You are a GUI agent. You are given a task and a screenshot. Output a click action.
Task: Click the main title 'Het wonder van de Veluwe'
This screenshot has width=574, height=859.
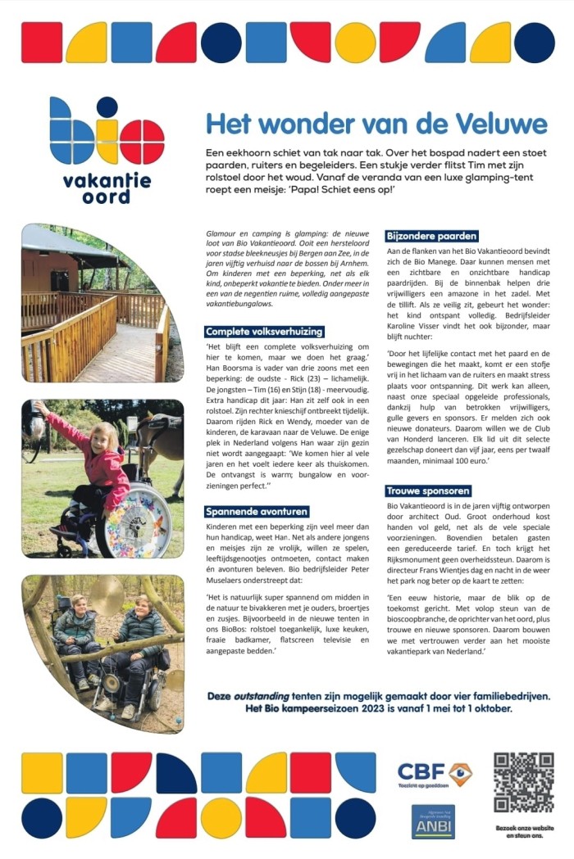pos(376,124)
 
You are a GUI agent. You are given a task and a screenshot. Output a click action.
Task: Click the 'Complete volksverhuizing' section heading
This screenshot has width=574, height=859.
pos(264,332)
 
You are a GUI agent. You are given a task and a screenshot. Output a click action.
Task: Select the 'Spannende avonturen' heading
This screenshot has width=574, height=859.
pos(257,511)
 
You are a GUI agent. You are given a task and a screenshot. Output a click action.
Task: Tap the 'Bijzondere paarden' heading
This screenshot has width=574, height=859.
pos(431,236)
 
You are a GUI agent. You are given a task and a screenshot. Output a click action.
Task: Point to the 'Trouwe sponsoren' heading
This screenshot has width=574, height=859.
pos(428,491)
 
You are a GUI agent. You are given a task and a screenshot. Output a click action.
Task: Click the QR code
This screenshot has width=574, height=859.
pos(523,782)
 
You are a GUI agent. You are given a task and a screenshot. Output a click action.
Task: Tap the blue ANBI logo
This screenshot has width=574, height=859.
pos(433,821)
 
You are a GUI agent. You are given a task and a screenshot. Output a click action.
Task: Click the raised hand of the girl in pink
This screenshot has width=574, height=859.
pos(39,407)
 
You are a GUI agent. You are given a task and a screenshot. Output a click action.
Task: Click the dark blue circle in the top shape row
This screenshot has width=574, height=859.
pos(221,43)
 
